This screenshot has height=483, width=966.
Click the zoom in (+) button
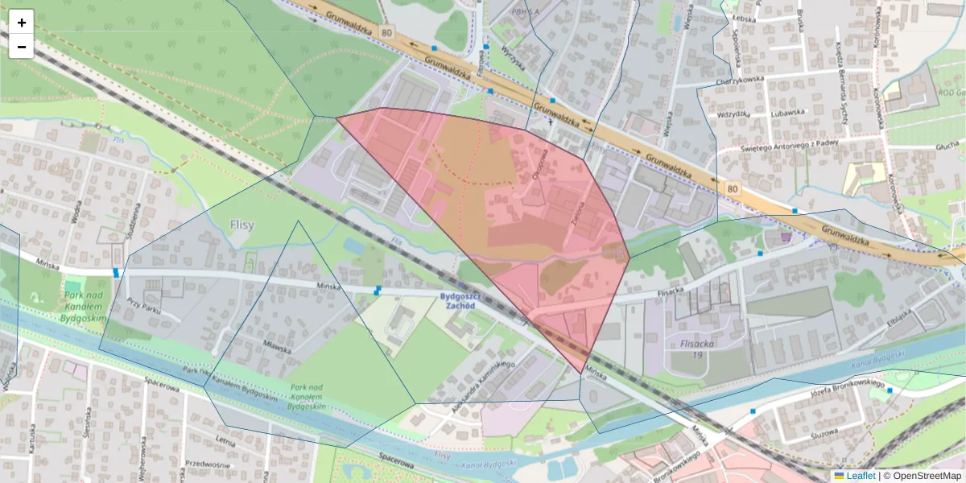click(x=22, y=23)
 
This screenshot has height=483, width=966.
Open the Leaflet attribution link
click(x=860, y=476)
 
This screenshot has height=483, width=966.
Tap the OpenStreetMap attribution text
click(x=925, y=476)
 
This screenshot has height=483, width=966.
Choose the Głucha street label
click(x=947, y=145)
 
